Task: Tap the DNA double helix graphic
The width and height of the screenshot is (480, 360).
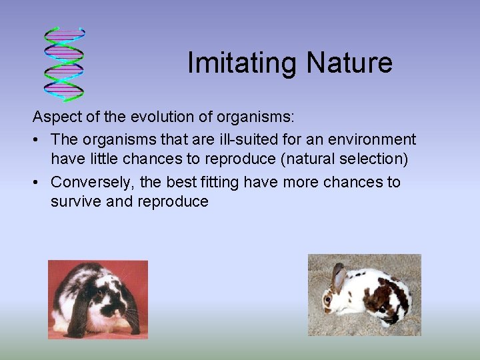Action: point(64,65)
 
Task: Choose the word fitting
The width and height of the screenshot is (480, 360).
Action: point(214,181)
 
